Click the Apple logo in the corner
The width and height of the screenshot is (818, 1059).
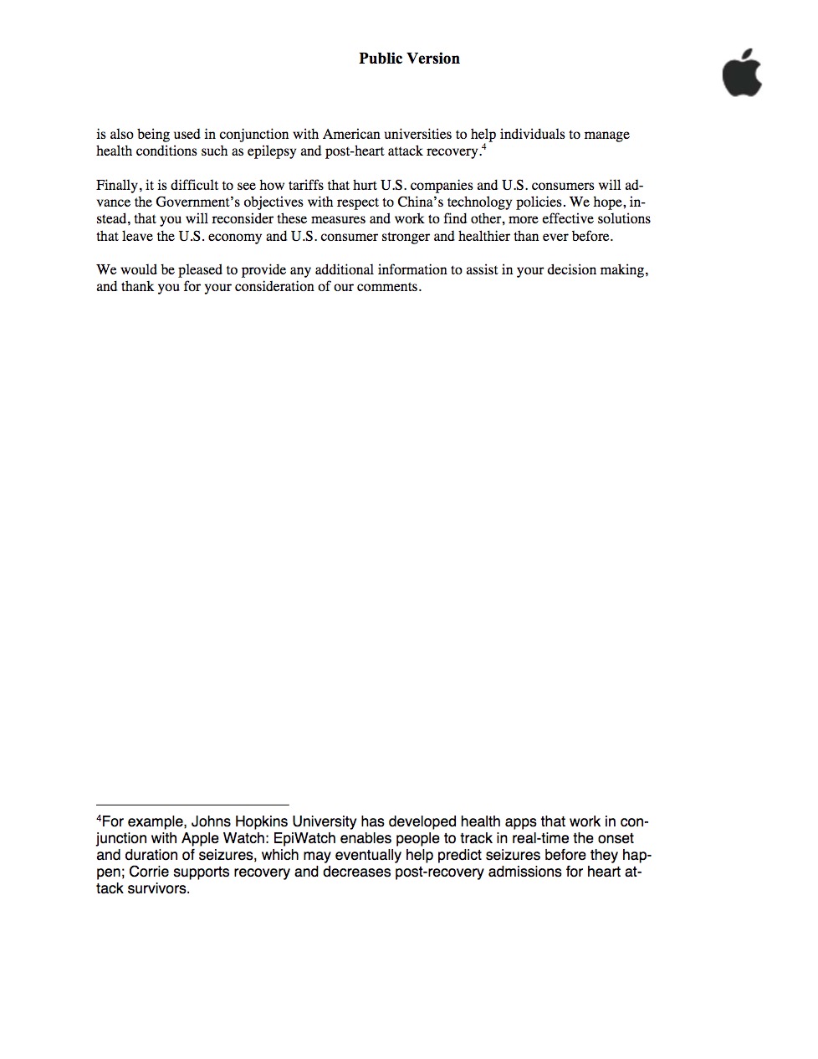coord(742,73)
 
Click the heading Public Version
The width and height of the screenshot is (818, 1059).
coord(409,59)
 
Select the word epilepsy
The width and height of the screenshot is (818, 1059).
coord(271,151)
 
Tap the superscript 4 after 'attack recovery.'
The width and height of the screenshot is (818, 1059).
coord(484,147)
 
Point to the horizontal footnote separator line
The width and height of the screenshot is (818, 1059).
coord(192,805)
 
